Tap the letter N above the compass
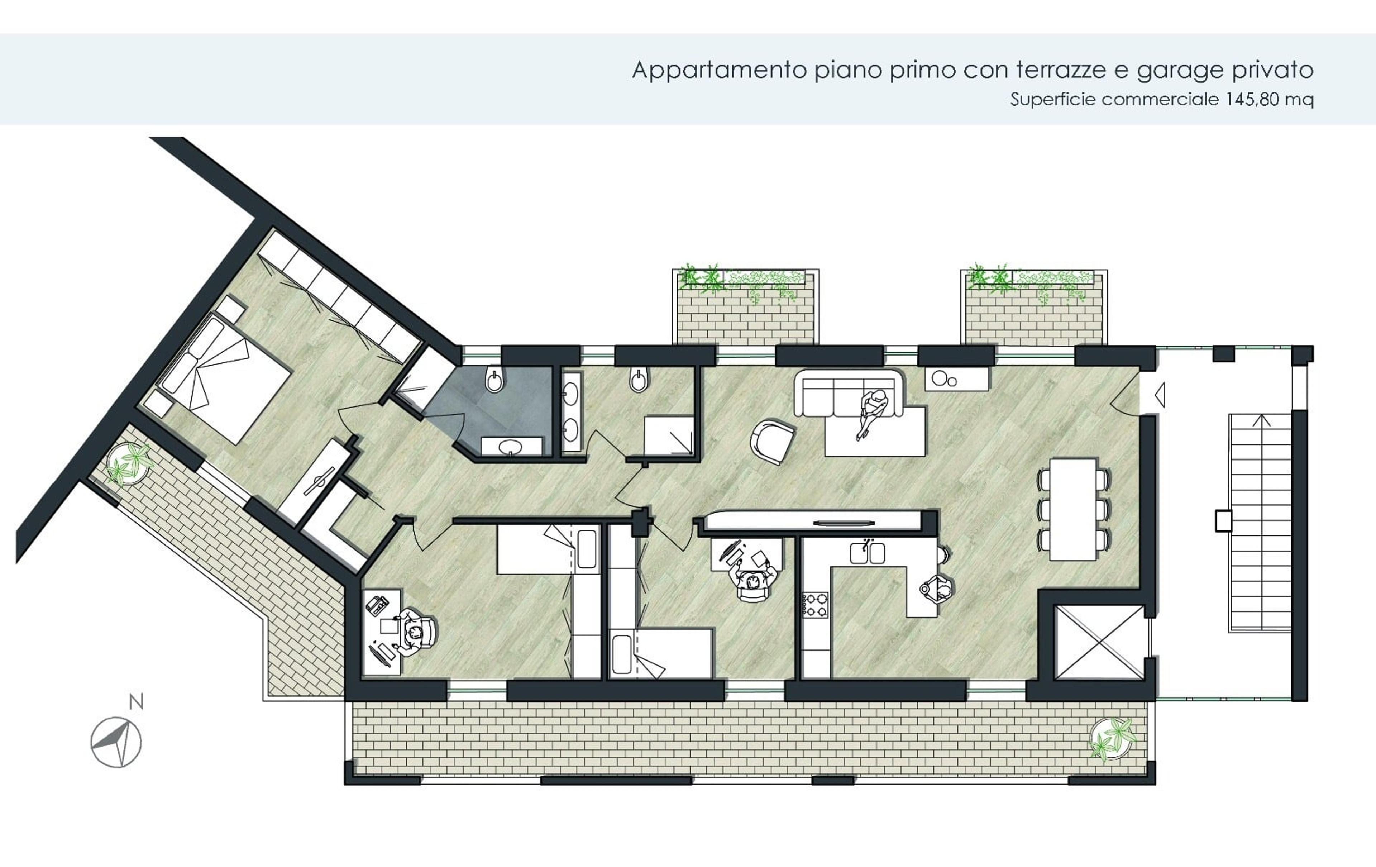[x=136, y=702]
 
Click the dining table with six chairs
[x=1073, y=509]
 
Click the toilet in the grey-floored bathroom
[x=494, y=380]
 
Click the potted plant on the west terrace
[x=130, y=463]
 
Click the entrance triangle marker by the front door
[x=1160, y=394]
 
